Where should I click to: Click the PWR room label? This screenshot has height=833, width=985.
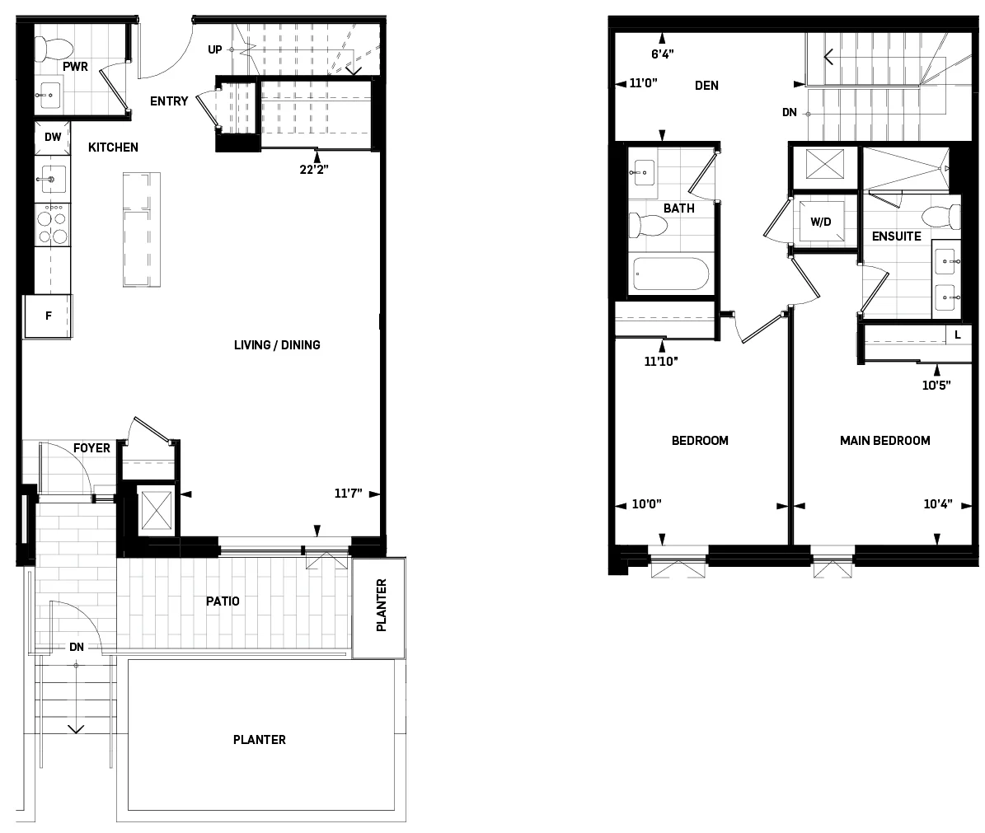tap(74, 64)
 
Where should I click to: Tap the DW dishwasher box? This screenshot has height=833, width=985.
tap(53, 138)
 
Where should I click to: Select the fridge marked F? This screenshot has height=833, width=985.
tap(48, 316)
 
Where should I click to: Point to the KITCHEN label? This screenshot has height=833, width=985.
tap(113, 147)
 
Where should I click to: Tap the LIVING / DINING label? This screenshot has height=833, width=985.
tap(277, 345)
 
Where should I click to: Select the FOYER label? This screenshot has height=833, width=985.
tap(91, 448)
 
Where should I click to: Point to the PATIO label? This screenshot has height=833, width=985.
tap(223, 601)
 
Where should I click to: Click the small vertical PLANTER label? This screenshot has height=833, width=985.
tap(380, 606)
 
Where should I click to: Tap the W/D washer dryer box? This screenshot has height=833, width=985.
tap(820, 222)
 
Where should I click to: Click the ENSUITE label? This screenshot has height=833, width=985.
tap(896, 236)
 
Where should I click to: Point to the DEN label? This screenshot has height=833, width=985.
tap(706, 85)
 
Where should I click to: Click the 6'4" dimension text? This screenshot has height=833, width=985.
tap(662, 55)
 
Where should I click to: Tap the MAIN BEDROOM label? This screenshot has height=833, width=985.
tap(884, 441)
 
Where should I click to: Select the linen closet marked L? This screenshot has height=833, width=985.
tap(956, 335)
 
